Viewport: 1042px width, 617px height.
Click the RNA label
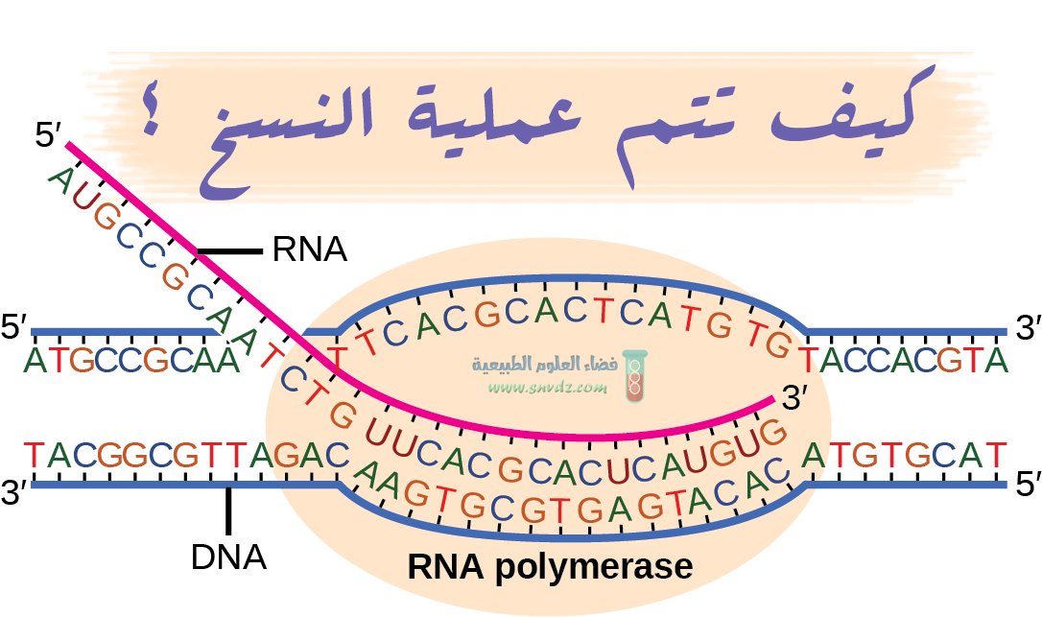(x=308, y=250)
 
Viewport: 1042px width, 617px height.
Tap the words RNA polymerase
(x=550, y=566)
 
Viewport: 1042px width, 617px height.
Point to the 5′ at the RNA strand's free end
(x=47, y=135)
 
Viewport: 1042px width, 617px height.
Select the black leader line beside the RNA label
(x=229, y=251)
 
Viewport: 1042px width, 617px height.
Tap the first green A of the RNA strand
(x=60, y=179)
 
